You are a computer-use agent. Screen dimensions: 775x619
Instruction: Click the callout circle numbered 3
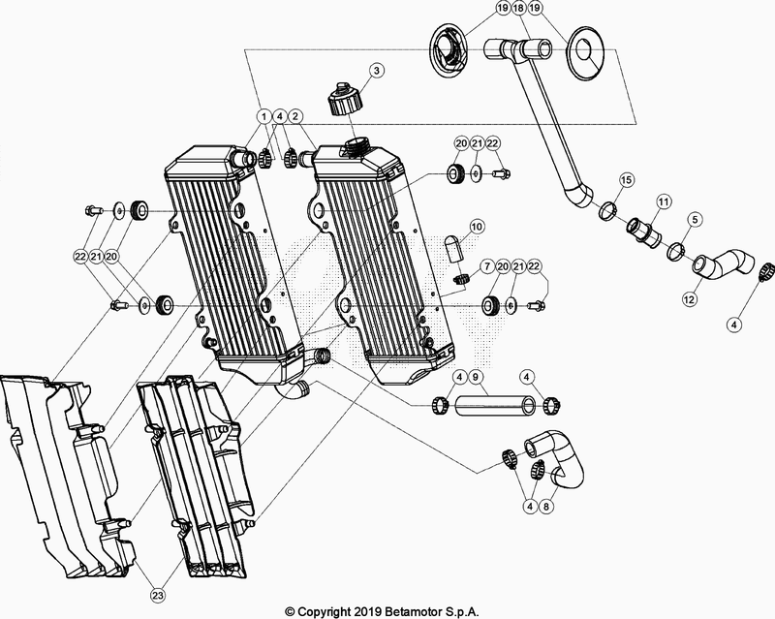coord(377,71)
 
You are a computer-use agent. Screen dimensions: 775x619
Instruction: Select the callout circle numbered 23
coord(158,596)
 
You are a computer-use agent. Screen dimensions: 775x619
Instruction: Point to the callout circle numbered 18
coord(518,9)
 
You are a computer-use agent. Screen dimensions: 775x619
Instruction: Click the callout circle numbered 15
coord(626,179)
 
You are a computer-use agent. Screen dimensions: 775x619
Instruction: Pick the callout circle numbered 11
coord(663,201)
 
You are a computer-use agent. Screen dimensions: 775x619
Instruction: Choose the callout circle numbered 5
coord(695,219)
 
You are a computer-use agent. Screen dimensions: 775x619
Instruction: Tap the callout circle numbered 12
coord(690,299)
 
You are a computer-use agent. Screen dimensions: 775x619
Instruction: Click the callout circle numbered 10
coord(477,227)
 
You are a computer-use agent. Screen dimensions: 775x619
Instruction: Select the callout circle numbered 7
coord(487,267)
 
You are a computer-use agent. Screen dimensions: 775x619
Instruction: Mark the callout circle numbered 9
coord(475,377)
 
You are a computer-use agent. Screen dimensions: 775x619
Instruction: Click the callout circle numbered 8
coord(546,507)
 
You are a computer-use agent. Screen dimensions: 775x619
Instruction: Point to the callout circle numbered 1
coord(263,116)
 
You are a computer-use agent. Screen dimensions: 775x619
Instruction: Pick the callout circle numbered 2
coord(295,116)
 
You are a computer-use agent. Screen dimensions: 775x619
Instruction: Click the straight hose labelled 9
coord(495,406)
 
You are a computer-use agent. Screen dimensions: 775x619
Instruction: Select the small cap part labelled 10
coord(453,248)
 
